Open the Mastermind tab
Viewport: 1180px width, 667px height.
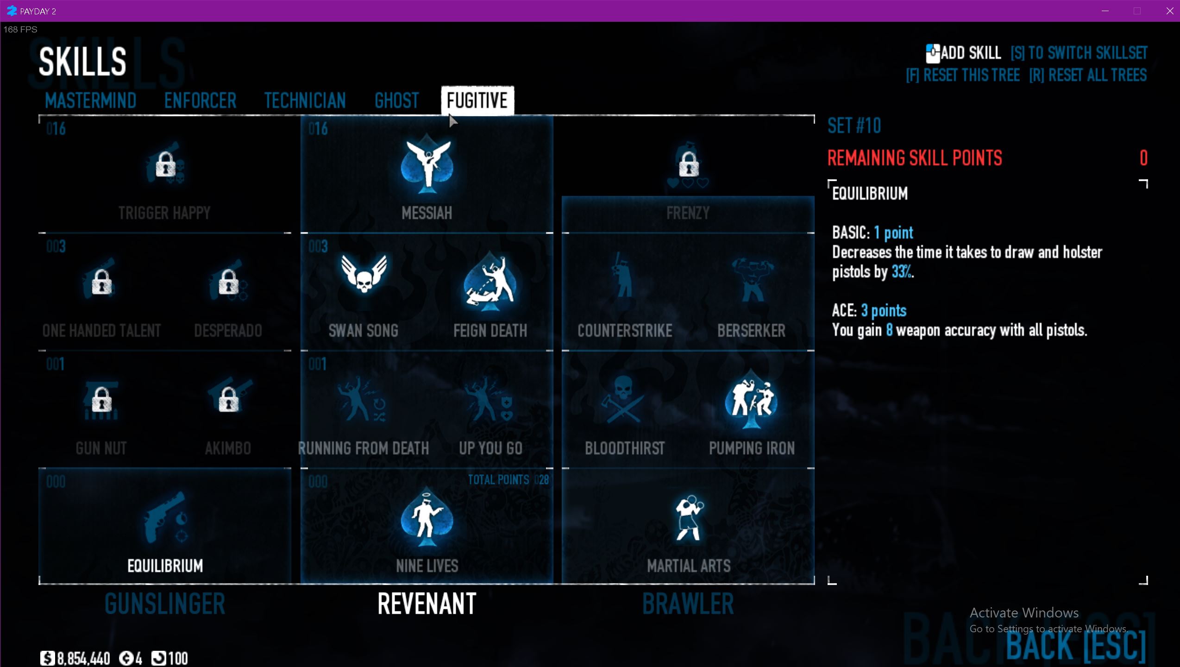pos(91,101)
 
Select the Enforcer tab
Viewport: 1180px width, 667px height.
pos(200,101)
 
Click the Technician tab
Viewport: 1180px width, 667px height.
pos(305,101)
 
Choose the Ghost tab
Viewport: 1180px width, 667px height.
pos(396,101)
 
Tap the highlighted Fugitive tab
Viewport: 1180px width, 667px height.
pos(477,100)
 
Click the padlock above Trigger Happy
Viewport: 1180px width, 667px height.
pos(165,165)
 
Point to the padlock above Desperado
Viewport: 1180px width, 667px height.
pos(228,282)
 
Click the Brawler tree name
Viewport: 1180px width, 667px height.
pos(688,604)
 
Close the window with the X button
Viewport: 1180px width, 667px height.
pos(1169,11)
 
